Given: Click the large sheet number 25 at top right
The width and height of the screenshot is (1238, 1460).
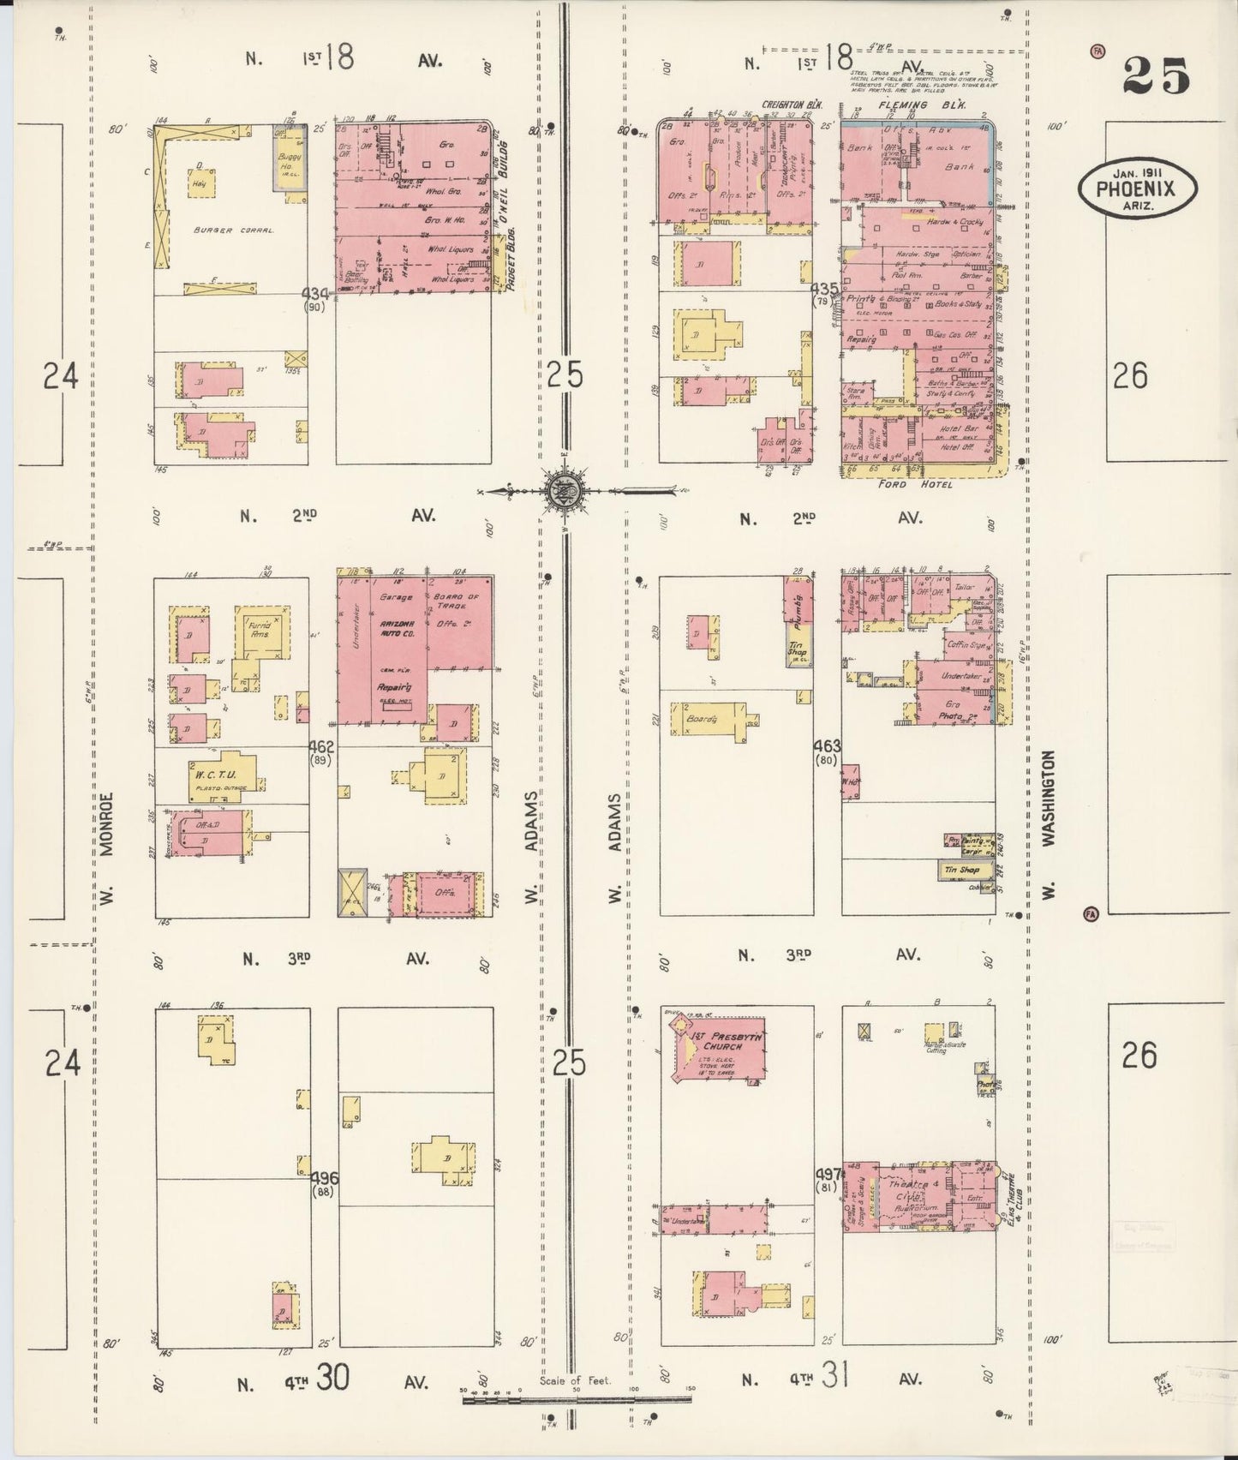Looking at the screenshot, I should pyautogui.click(x=1156, y=76).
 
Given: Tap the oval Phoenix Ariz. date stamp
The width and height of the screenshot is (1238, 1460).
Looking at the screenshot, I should pyautogui.click(x=1137, y=189).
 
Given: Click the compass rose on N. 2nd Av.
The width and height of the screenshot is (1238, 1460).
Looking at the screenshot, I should pyautogui.click(x=564, y=491).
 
